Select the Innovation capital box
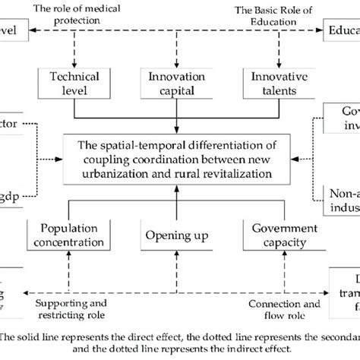click(x=175, y=84)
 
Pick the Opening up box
click(x=175, y=214)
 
